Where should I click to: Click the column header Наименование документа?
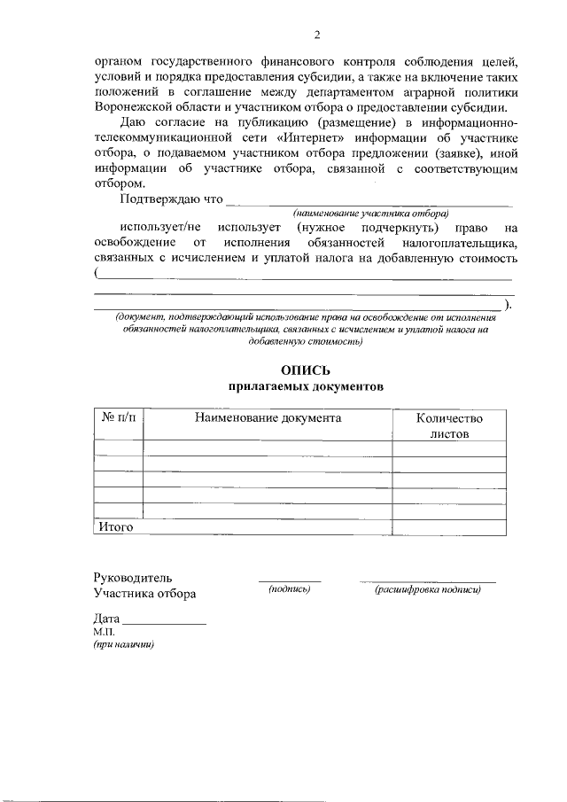click(x=268, y=417)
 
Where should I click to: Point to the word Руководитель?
click(x=134, y=577)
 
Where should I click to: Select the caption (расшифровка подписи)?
click(x=427, y=588)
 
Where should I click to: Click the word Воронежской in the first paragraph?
click(x=135, y=105)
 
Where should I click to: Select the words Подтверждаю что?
click(x=170, y=199)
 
